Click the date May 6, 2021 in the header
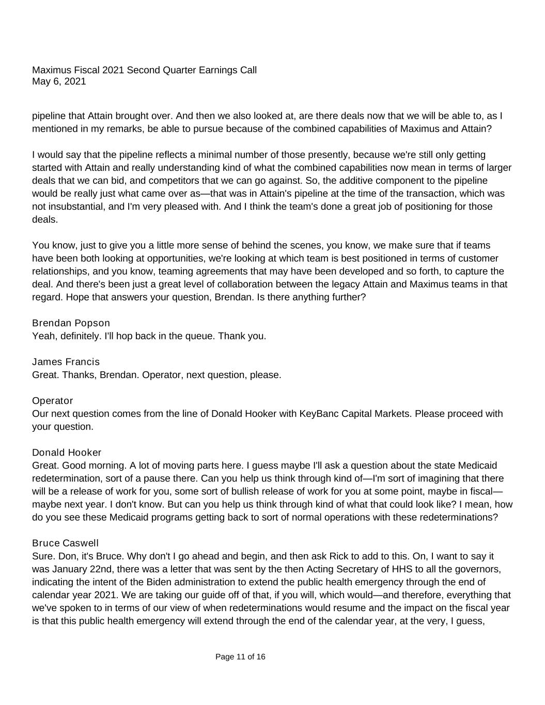(59, 82)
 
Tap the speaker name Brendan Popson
(71, 323)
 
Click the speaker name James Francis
(66, 362)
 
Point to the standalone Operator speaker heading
(52, 401)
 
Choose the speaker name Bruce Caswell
(65, 543)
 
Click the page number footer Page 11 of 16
(240, 657)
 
